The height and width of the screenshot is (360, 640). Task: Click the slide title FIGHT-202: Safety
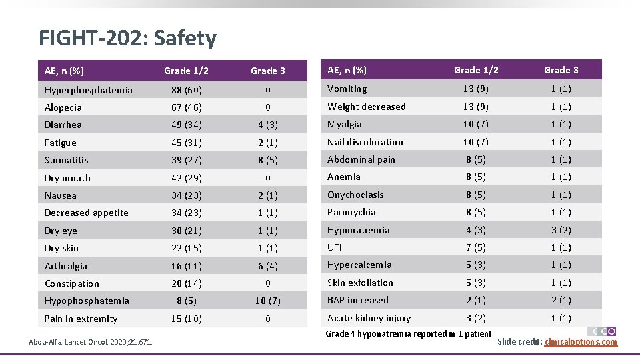pos(127,38)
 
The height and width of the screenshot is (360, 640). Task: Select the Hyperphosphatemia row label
pos(88,90)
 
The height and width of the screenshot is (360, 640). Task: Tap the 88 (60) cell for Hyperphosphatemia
pos(187,90)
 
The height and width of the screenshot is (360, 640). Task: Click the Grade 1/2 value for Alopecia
pos(187,107)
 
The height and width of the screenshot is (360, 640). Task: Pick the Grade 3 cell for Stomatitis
pos(267,160)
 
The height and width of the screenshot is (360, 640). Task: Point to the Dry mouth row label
pos(67,178)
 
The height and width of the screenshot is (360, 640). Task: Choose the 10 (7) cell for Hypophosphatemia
pos(267,301)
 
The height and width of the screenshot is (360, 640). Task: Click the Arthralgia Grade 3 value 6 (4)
pos(267,266)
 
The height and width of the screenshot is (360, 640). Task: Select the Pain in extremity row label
pos(81,319)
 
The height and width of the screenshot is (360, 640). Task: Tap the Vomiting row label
pos(347,89)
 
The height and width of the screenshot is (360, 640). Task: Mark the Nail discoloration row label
pos(365,142)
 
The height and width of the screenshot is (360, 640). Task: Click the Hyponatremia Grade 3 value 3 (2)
pos(561,230)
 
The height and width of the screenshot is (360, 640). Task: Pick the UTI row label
pos(334,247)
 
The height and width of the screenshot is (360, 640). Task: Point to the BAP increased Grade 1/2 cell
pos(476,300)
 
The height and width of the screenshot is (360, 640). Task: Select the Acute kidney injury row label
pos(369,318)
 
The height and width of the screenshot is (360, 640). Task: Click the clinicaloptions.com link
pos(581,342)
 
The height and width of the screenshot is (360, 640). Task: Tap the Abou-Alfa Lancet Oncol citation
pos(90,342)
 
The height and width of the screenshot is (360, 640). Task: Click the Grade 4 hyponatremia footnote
pos(408,333)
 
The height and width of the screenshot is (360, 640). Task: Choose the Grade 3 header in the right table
pos(561,70)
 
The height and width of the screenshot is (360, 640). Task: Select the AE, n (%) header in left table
pos(64,71)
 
